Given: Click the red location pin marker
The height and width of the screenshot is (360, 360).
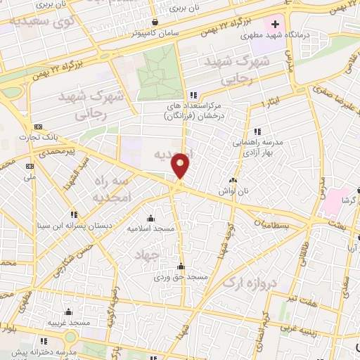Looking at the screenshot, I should pos(181,165).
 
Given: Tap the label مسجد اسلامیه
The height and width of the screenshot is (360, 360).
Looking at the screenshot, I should pos(150,229).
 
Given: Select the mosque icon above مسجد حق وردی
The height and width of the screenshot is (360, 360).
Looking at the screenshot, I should pos(181,266).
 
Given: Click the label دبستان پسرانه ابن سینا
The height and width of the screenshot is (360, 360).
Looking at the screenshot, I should pos(73,226).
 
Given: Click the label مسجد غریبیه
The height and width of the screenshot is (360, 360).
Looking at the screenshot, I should pos(69,323).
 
